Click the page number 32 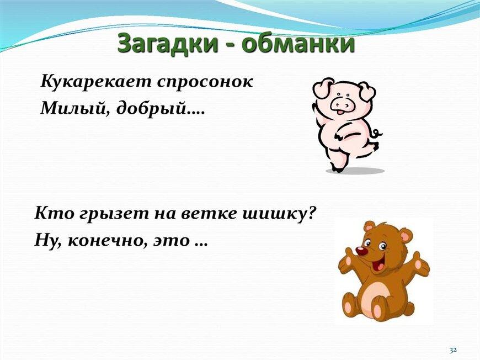coord(453,350)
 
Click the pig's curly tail coord(376,133)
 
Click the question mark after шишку coord(311,213)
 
